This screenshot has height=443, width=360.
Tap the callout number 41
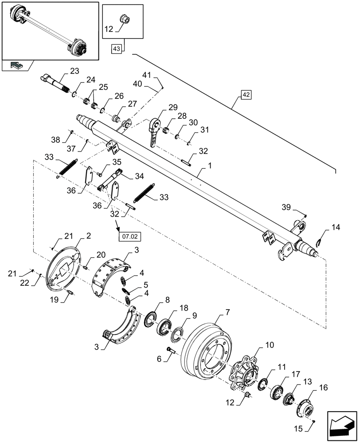click(x=147, y=74)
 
